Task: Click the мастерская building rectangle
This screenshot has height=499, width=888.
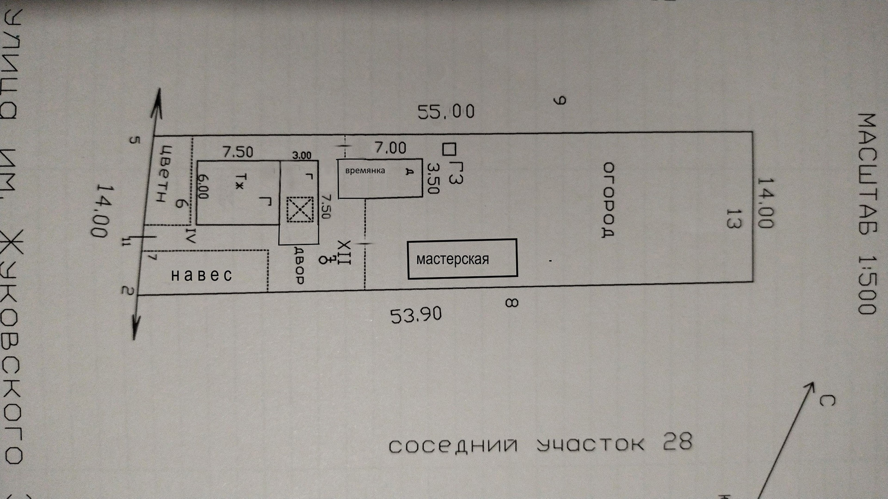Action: click(462, 259)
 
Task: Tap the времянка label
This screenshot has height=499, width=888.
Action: click(365, 170)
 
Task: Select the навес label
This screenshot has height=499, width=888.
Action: click(202, 275)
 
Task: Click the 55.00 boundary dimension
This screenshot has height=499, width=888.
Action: click(446, 111)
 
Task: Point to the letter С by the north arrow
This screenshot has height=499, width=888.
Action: click(826, 400)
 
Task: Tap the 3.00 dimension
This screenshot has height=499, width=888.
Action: click(302, 156)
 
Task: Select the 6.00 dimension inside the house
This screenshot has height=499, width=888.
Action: click(203, 186)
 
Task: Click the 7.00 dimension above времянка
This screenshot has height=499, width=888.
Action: click(390, 148)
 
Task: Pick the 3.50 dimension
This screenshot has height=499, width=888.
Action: click(432, 178)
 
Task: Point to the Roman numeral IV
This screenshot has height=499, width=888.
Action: click(191, 236)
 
